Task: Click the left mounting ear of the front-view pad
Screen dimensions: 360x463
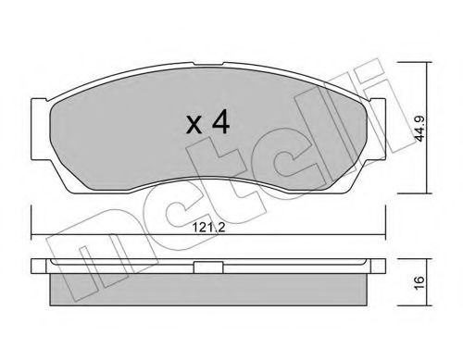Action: click(x=39, y=129)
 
